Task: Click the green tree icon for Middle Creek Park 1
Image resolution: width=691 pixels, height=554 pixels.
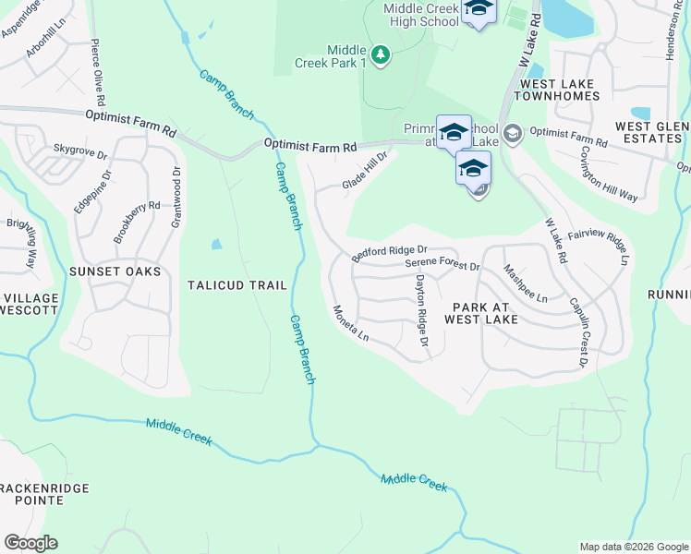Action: coord(380,55)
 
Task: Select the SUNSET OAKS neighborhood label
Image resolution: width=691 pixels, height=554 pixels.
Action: coord(115,271)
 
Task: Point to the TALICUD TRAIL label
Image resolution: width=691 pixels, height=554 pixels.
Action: coord(237,285)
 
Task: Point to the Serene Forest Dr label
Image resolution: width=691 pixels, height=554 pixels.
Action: coord(443,265)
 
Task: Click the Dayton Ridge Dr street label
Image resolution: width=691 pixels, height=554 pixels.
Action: coord(421,311)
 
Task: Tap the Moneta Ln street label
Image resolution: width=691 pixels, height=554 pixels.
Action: coord(351,323)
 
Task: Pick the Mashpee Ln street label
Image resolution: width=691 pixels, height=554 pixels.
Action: coord(525,283)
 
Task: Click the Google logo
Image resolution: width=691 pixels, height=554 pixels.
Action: coord(30,543)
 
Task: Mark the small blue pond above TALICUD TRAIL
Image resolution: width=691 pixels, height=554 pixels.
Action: coord(216,245)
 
